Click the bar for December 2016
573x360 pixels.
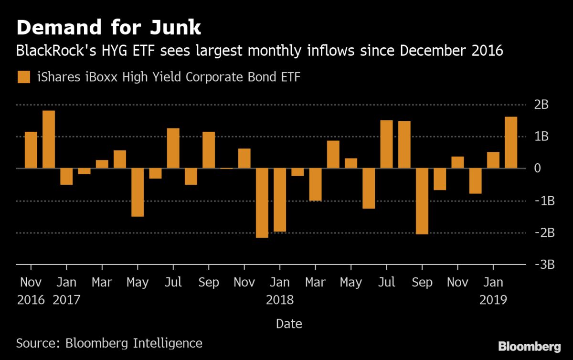click(x=49, y=139)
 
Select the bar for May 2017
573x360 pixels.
click(x=138, y=192)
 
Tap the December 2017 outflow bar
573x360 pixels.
click(x=262, y=203)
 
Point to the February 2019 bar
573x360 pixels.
click(x=511, y=143)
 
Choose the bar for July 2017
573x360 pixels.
click(x=173, y=148)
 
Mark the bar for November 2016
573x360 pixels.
click(x=31, y=150)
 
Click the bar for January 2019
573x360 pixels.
click(x=493, y=160)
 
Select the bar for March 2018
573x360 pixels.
click(x=315, y=185)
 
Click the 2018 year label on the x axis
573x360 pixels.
click(x=280, y=299)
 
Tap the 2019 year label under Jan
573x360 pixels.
click(x=493, y=299)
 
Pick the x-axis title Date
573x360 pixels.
click(x=289, y=324)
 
